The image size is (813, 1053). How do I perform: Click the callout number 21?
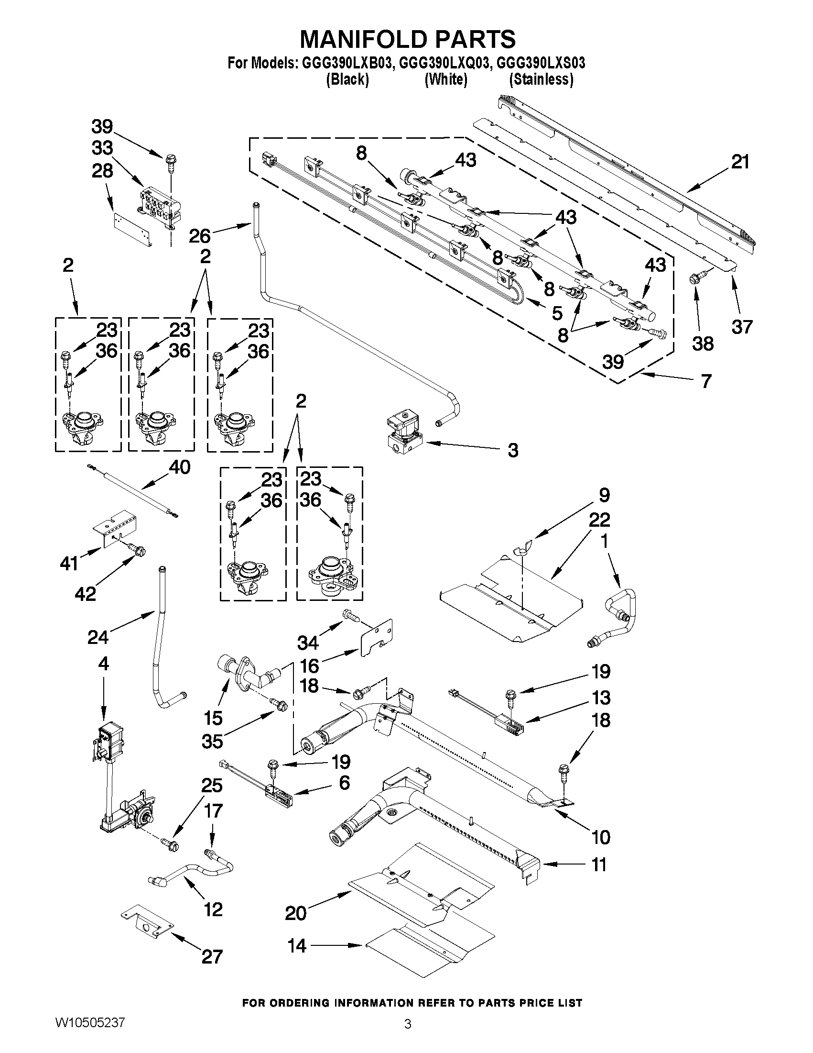tap(740, 162)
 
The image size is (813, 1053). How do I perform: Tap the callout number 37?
tap(742, 327)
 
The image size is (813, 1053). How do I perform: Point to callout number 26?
tap(199, 236)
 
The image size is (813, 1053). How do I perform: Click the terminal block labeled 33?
tap(160, 206)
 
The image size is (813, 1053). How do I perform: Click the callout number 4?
tap(103, 664)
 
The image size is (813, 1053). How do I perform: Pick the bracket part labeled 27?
tap(146, 926)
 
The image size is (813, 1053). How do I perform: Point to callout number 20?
tap(295, 913)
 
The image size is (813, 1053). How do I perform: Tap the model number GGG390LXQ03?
tap(444, 63)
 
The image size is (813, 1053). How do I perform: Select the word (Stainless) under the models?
tap(542, 79)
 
